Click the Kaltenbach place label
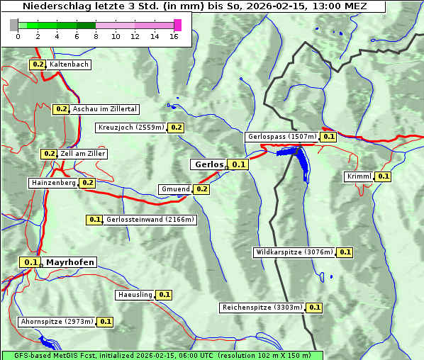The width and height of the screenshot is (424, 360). click(x=69, y=64)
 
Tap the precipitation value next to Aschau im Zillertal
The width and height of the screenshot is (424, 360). click(x=61, y=109)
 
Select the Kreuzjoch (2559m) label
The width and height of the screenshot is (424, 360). click(x=131, y=128)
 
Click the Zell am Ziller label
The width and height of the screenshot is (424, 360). click(x=83, y=154)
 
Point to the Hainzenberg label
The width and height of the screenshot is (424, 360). click(x=53, y=183)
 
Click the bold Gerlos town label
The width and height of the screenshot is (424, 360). click(x=208, y=164)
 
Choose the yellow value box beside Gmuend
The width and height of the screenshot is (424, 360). click(x=201, y=189)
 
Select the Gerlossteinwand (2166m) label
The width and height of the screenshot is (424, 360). click(x=150, y=220)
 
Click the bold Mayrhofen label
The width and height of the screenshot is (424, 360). click(x=70, y=262)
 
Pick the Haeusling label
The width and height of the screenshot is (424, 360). click(x=135, y=294)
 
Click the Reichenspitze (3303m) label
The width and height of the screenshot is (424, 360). click(x=262, y=308)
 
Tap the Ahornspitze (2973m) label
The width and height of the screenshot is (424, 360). click(x=57, y=322)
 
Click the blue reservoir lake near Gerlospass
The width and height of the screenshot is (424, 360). click(x=302, y=162)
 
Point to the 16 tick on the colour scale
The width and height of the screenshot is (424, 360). click(x=174, y=36)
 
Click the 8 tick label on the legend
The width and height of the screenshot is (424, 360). click(x=96, y=36)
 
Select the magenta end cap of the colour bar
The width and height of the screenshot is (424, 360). click(x=177, y=25)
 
